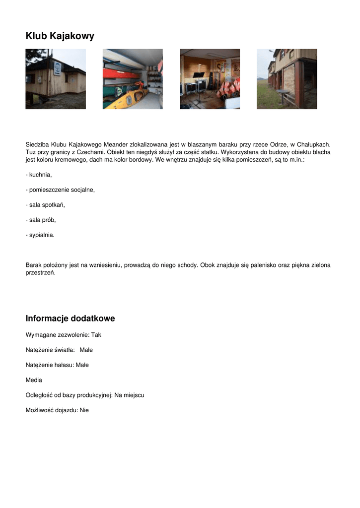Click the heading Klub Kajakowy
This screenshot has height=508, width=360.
coord(60,36)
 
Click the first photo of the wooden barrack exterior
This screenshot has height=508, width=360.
coord(56,79)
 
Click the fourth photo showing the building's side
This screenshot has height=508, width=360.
coord(287,79)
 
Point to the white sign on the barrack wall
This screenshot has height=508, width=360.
coord(58,68)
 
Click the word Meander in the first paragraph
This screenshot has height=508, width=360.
coord(115,144)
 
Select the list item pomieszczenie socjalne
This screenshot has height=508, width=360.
coord(62,190)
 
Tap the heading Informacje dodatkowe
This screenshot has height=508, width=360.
coord(70,318)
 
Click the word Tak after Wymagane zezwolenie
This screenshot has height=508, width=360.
coord(96,335)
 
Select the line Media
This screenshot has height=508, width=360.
coord(34,380)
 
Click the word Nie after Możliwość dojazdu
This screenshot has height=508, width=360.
coord(84,410)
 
